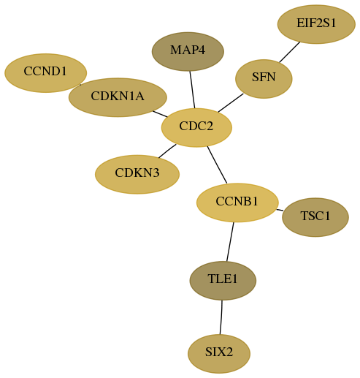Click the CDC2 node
pyautogui.click(x=196, y=127)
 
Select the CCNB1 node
pyautogui.click(x=237, y=203)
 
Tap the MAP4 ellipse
pyautogui.click(x=188, y=51)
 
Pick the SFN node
pyautogui.click(x=264, y=79)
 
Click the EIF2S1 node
pyautogui.click(x=316, y=24)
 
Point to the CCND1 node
pyautogui.click(x=45, y=73)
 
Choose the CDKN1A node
pyautogui.click(x=118, y=97)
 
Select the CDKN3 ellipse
pyautogui.click(x=137, y=174)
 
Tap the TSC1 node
pyautogui.click(x=315, y=217)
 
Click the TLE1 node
pyautogui.click(x=223, y=281)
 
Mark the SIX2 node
pyautogui.click(x=219, y=354)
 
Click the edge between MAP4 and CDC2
pyautogui.click(x=192, y=89)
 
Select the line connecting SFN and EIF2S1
pyautogui.click(x=290, y=52)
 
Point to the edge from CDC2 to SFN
pyautogui.click(x=231, y=103)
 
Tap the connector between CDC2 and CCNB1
pyautogui.click(x=217, y=165)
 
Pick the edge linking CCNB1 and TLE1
pyautogui.click(x=230, y=241)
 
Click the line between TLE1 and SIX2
pyautogui.click(x=221, y=317)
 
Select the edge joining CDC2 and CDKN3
pyautogui.click(x=167, y=151)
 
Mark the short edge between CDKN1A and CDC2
pyautogui.click(x=160, y=114)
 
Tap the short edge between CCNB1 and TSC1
pyautogui.click(x=280, y=210)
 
